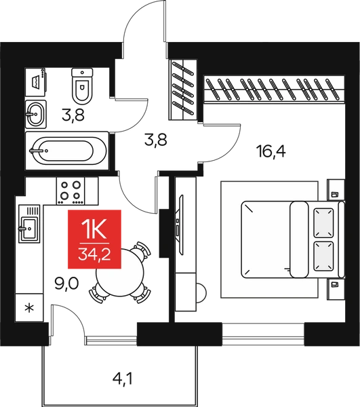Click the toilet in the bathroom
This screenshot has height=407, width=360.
[x=82, y=86]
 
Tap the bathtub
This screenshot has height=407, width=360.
[x=67, y=151]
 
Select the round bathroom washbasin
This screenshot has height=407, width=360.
[x=36, y=114]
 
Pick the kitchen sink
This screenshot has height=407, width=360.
[x=29, y=224]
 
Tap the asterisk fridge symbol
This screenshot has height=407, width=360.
[x=29, y=308]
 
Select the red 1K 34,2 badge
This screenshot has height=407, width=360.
[x=94, y=239]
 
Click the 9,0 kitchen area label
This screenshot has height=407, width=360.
[x=66, y=284]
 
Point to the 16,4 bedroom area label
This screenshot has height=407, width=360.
[x=271, y=151]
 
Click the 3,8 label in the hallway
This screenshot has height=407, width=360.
[x=156, y=139]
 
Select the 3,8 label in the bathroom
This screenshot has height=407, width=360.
[x=73, y=115]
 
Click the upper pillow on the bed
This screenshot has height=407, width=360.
[x=323, y=222]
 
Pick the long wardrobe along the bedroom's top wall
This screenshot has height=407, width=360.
[x=275, y=89]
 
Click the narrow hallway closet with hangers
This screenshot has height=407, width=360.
[x=183, y=90]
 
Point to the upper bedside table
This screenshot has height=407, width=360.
[x=336, y=190]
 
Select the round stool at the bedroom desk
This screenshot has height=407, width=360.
[x=201, y=293]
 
